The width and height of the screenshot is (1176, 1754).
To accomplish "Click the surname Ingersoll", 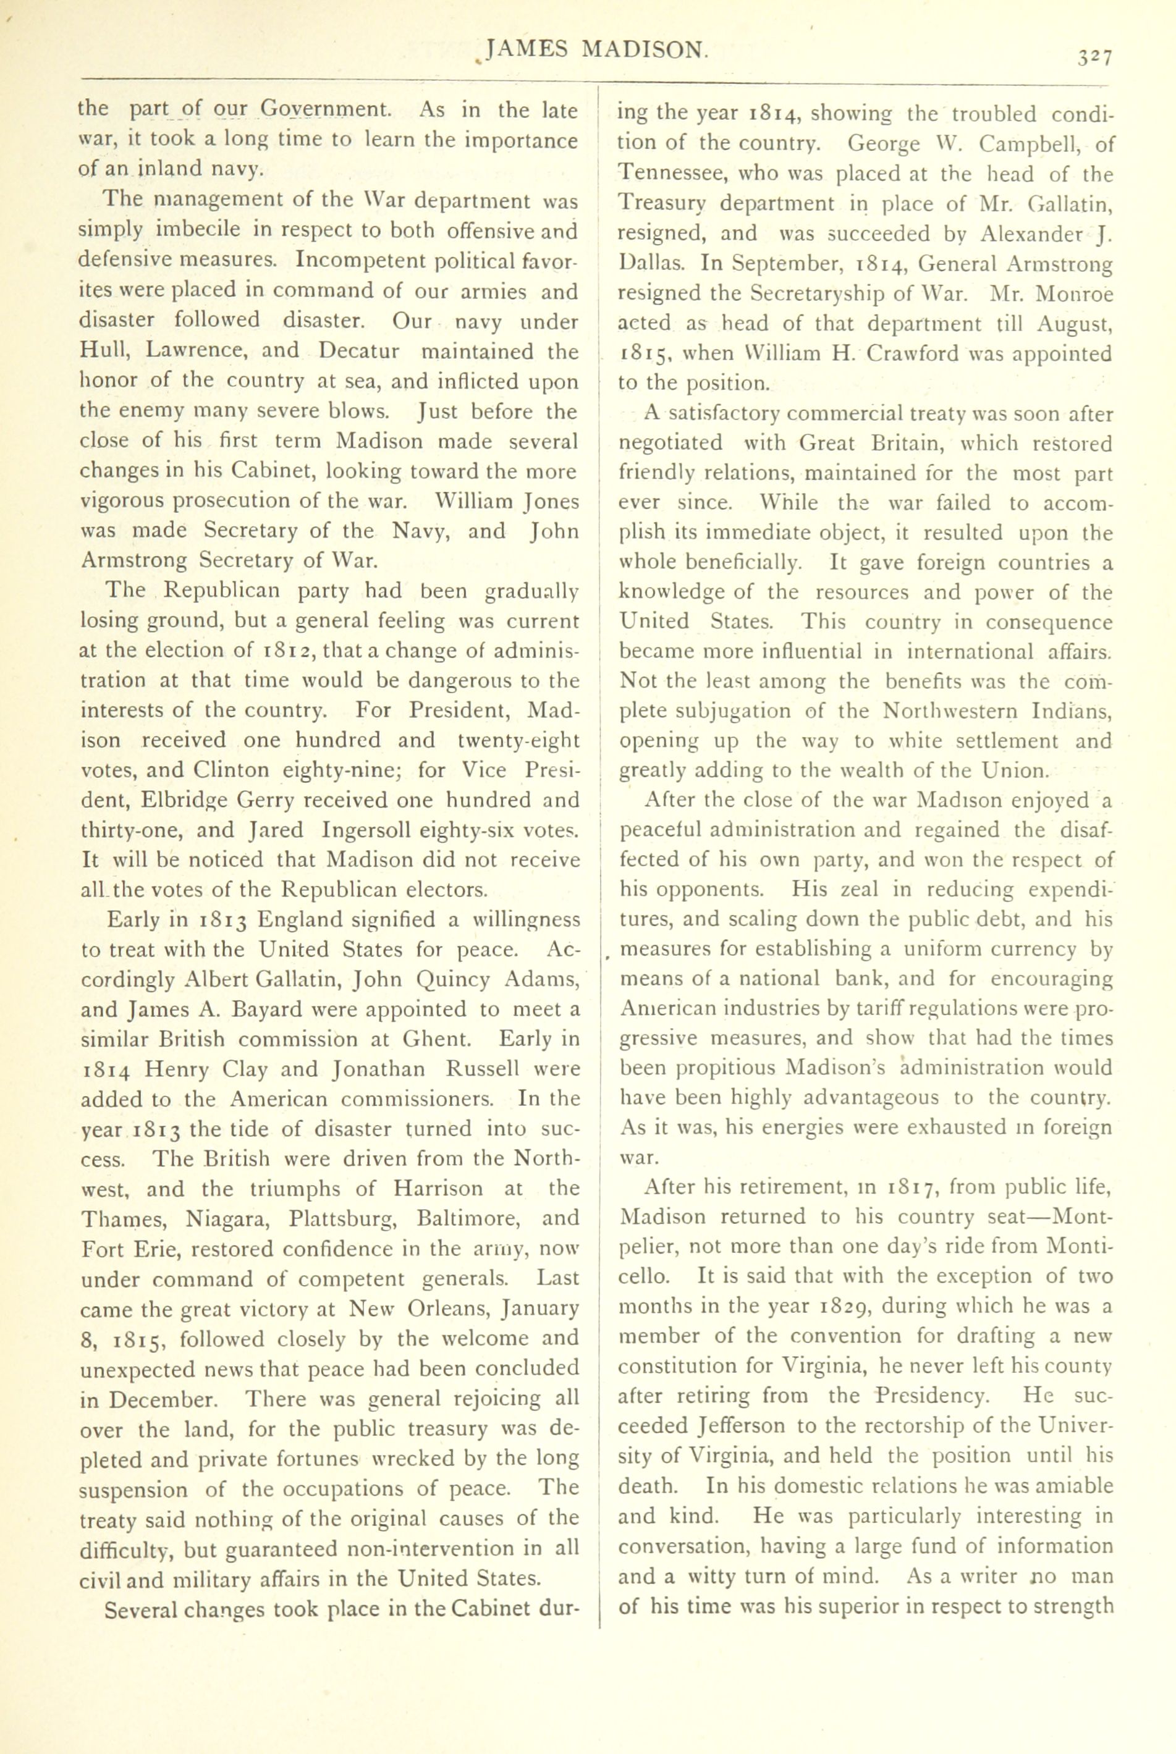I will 373,830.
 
